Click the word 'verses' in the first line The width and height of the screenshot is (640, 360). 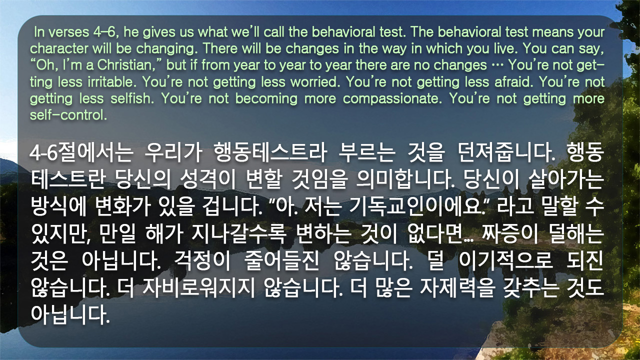pos(68,32)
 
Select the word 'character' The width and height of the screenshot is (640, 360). pos(59,48)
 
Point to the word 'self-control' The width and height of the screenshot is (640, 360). pos(68,115)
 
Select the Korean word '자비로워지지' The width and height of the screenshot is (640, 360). pos(198,287)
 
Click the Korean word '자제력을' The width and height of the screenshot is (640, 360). pos(457,287)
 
